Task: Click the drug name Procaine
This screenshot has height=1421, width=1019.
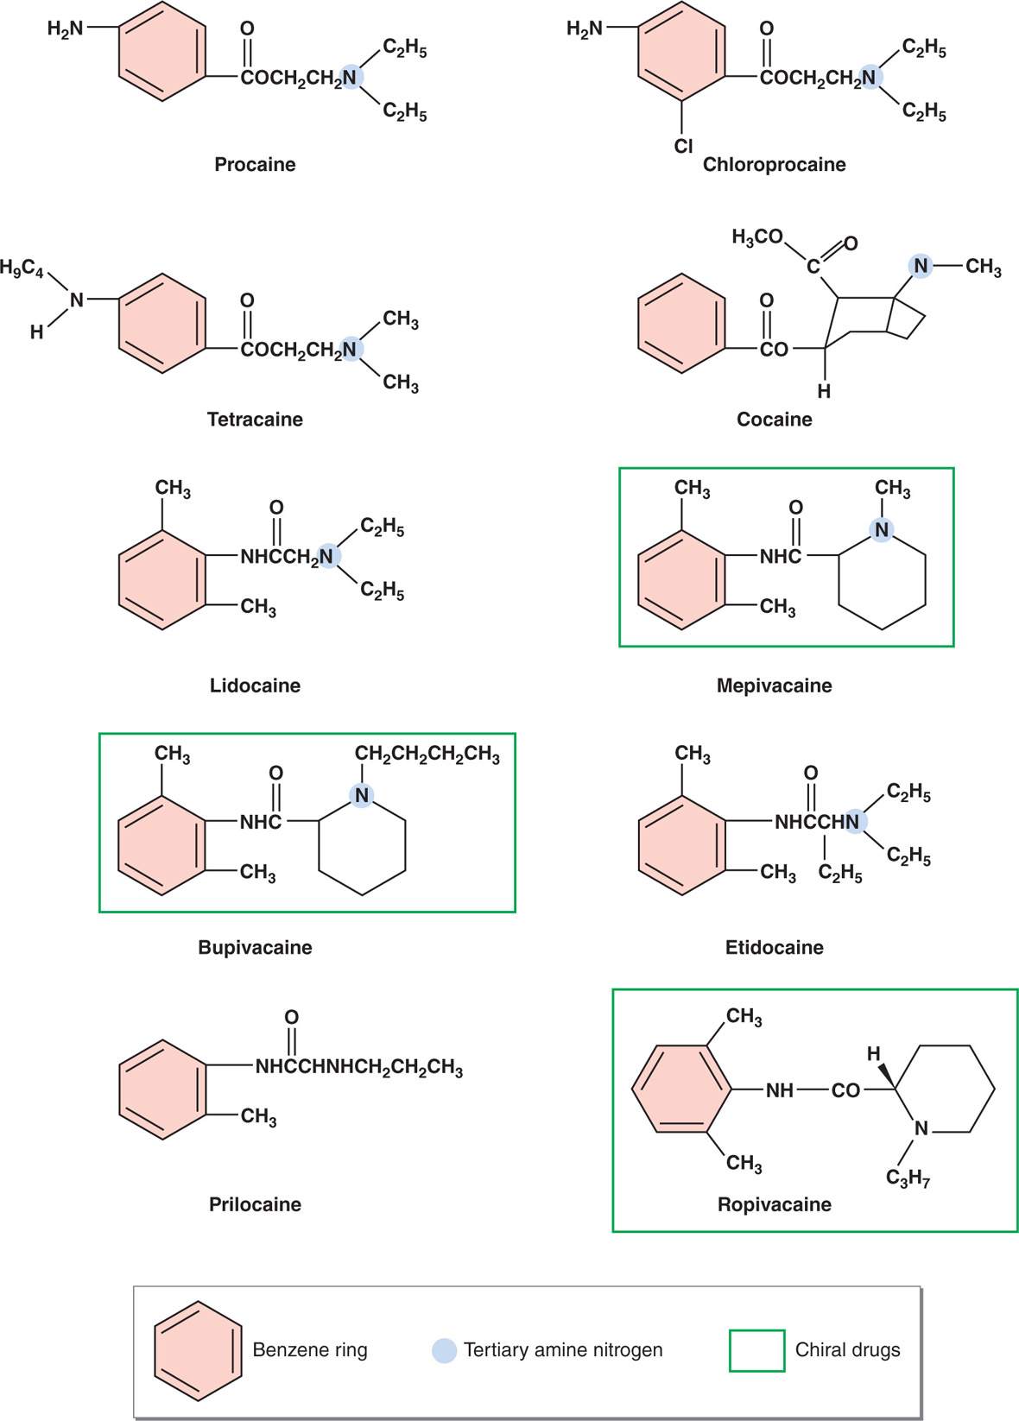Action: [x=255, y=164]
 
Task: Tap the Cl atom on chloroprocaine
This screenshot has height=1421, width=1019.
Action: [x=683, y=146]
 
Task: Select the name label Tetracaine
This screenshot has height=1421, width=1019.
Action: [x=255, y=420]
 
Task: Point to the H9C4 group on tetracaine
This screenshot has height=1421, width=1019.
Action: [x=22, y=268]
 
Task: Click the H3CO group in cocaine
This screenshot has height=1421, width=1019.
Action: [x=756, y=237]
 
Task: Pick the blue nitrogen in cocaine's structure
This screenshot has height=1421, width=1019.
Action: [x=921, y=266]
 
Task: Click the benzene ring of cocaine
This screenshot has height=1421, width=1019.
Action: [x=681, y=324]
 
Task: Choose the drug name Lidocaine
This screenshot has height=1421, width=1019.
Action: [x=255, y=685]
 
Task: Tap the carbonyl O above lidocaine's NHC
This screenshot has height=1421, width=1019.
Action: [x=276, y=507]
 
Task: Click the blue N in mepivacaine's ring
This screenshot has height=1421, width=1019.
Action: [x=881, y=530]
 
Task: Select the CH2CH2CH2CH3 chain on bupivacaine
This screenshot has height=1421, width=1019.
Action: [x=427, y=755]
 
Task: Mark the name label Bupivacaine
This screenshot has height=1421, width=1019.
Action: [x=255, y=947]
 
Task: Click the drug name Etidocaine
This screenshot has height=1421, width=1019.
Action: [x=774, y=947]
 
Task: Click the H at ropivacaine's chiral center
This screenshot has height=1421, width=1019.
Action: [x=873, y=1053]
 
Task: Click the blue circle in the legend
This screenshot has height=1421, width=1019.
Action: [x=444, y=1350]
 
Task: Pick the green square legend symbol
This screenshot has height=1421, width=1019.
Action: [x=756, y=1350]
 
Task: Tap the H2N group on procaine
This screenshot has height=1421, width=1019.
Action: [x=66, y=28]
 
